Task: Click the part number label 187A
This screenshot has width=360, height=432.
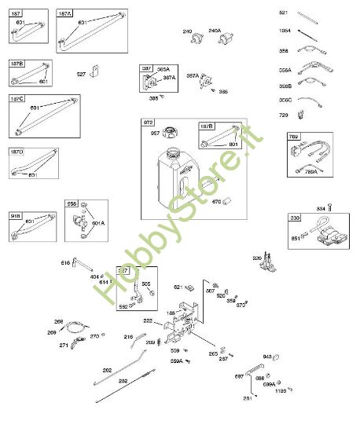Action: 64,13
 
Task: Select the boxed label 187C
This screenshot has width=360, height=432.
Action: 17,100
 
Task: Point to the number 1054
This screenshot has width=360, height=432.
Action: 285,31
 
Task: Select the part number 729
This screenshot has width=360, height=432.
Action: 284,115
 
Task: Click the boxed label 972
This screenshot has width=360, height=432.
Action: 149,123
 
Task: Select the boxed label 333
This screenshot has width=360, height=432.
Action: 295,218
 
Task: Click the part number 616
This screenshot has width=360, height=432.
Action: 65,262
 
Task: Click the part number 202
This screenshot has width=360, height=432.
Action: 107,369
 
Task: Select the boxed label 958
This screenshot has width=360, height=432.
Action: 72,203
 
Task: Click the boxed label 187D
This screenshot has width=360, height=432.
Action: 17,151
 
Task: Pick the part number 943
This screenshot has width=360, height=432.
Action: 266,357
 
